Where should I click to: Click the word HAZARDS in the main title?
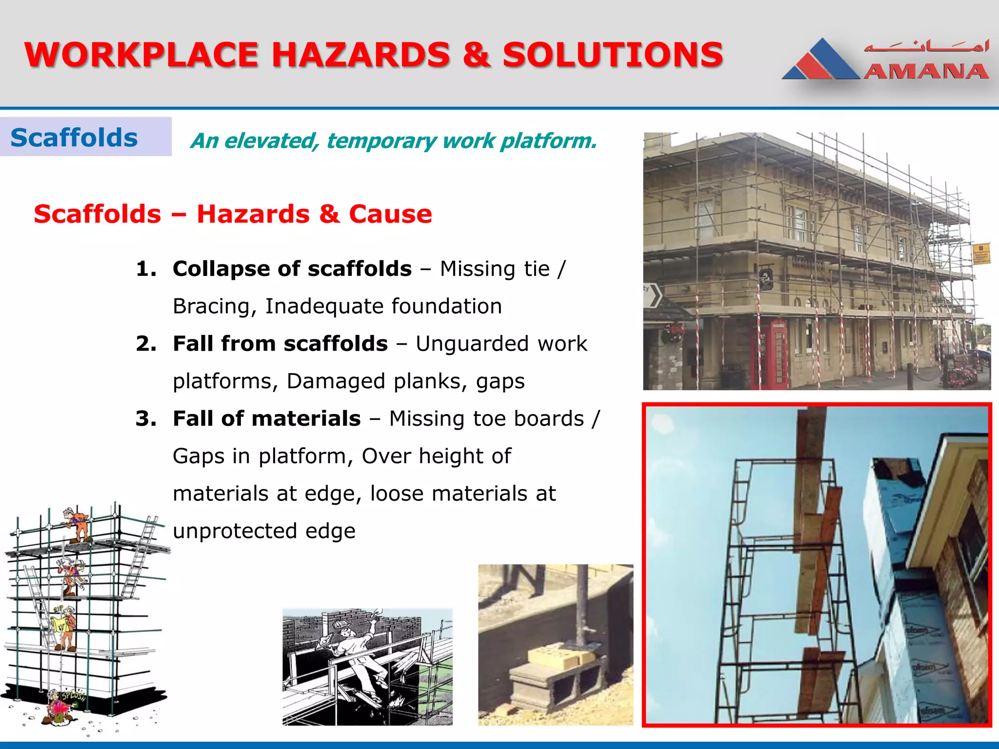(361, 55)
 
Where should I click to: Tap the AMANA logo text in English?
(926, 72)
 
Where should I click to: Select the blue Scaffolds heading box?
(85, 137)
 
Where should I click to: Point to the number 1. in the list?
(146, 269)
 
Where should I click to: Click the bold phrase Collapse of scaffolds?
(292, 269)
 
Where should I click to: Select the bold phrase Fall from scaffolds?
(280, 344)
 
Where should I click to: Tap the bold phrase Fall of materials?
(266, 419)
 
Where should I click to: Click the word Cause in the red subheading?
(390, 214)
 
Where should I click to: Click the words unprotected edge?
(264, 531)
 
